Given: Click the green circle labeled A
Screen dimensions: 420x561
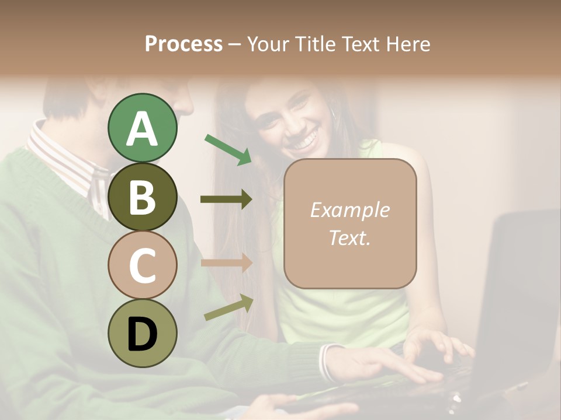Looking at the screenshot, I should (x=142, y=128).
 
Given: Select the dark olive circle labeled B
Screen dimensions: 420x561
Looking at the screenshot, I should (x=142, y=197).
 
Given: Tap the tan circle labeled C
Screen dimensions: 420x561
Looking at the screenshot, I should (x=142, y=265).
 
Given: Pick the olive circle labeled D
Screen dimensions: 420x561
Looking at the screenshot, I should (x=142, y=333).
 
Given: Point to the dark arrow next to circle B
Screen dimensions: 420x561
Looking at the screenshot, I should (x=226, y=199).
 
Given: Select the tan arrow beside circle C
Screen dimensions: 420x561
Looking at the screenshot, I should (x=226, y=262).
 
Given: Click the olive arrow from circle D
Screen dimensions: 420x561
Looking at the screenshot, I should (x=228, y=307).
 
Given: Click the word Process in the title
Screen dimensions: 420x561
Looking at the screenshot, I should (x=183, y=44).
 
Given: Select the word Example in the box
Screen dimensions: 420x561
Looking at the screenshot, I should (x=349, y=210).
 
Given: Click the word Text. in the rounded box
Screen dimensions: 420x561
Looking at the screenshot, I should (x=349, y=237).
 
